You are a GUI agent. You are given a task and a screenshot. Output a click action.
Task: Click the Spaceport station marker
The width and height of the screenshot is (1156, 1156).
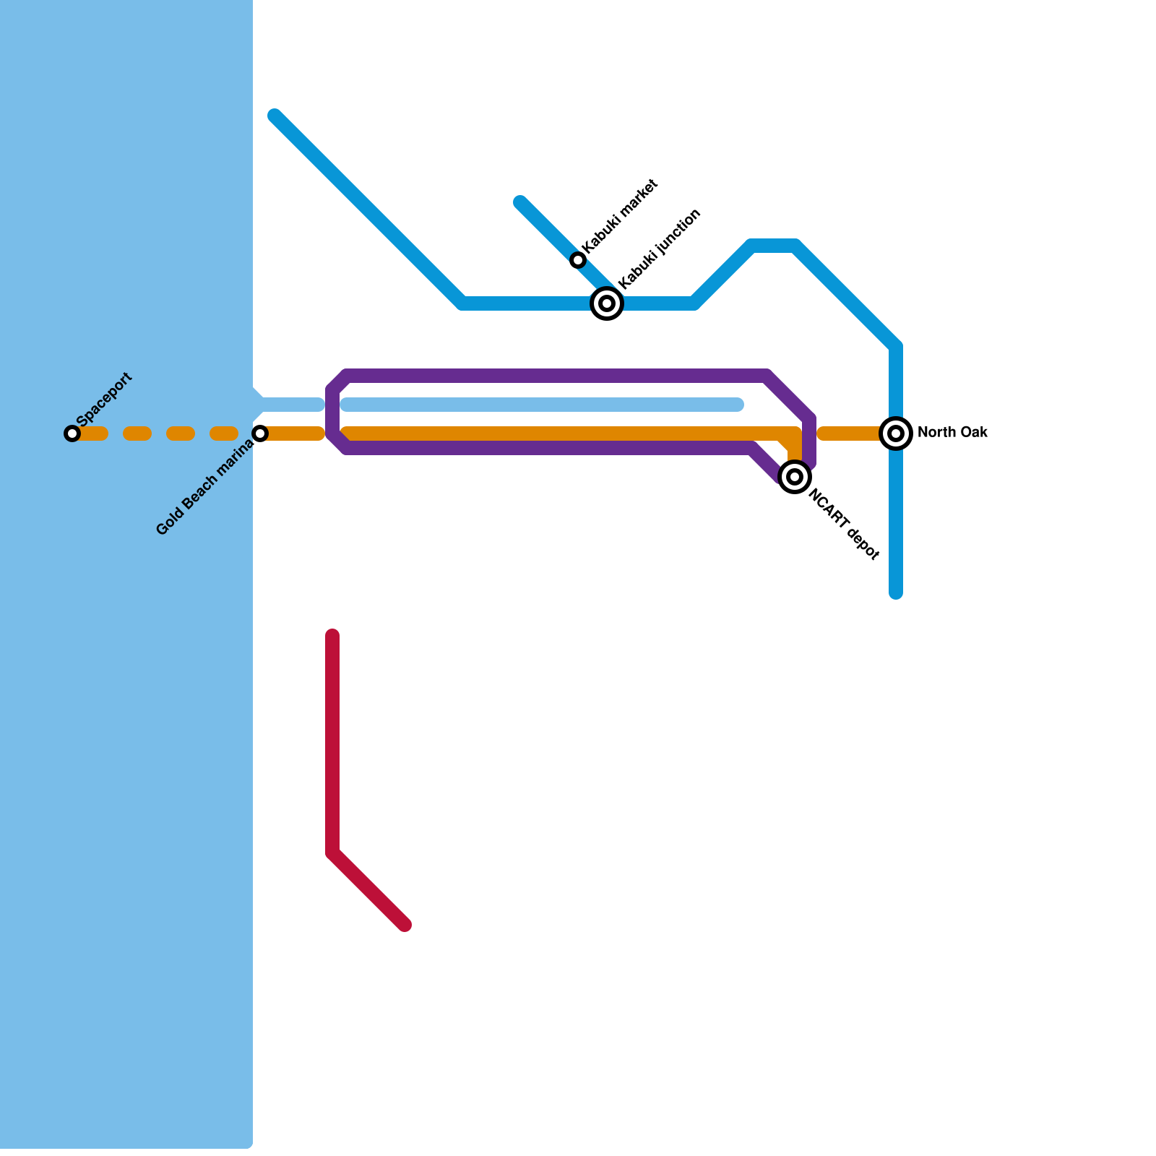pyautogui.click(x=72, y=433)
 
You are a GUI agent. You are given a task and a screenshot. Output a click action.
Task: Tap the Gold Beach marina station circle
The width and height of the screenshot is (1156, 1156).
pyautogui.click(x=260, y=433)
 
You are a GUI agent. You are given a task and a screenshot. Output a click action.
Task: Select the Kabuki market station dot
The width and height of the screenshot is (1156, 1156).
pyautogui.click(x=577, y=260)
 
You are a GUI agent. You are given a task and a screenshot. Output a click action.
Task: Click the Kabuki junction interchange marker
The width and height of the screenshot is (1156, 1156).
pyautogui.click(x=607, y=303)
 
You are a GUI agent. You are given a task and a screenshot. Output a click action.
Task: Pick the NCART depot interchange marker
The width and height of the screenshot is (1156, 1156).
pyautogui.click(x=795, y=477)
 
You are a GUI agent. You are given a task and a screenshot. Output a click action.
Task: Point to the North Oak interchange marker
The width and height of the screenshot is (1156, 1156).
pyautogui.click(x=896, y=433)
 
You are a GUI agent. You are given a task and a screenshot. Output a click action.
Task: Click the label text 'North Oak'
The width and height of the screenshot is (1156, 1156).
pyautogui.click(x=952, y=433)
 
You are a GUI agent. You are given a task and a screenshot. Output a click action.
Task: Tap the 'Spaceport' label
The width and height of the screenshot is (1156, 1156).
pyautogui.click(x=104, y=400)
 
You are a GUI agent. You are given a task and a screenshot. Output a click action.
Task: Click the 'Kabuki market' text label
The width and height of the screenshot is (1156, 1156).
pyautogui.click(x=620, y=216)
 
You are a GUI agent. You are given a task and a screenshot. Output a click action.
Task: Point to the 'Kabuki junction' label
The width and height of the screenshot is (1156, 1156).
pyautogui.click(x=660, y=249)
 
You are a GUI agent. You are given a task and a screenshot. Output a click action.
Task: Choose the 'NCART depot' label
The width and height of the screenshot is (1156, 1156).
pyautogui.click(x=844, y=525)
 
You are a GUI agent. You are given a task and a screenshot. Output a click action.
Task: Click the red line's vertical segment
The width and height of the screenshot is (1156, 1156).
pyautogui.click(x=332, y=744)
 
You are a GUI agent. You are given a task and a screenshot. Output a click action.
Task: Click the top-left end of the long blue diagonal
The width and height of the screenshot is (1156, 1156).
pyautogui.click(x=275, y=116)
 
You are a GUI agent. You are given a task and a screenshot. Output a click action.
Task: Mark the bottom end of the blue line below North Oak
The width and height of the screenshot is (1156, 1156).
pyautogui.click(x=896, y=592)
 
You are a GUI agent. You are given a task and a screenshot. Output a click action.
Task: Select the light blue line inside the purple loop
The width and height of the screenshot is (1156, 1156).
pyautogui.click(x=542, y=405)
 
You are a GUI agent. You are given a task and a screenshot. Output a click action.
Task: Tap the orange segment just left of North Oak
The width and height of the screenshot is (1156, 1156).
pyautogui.click(x=849, y=433)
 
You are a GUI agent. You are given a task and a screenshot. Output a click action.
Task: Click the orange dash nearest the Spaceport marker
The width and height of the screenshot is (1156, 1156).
pyautogui.click(x=94, y=433)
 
